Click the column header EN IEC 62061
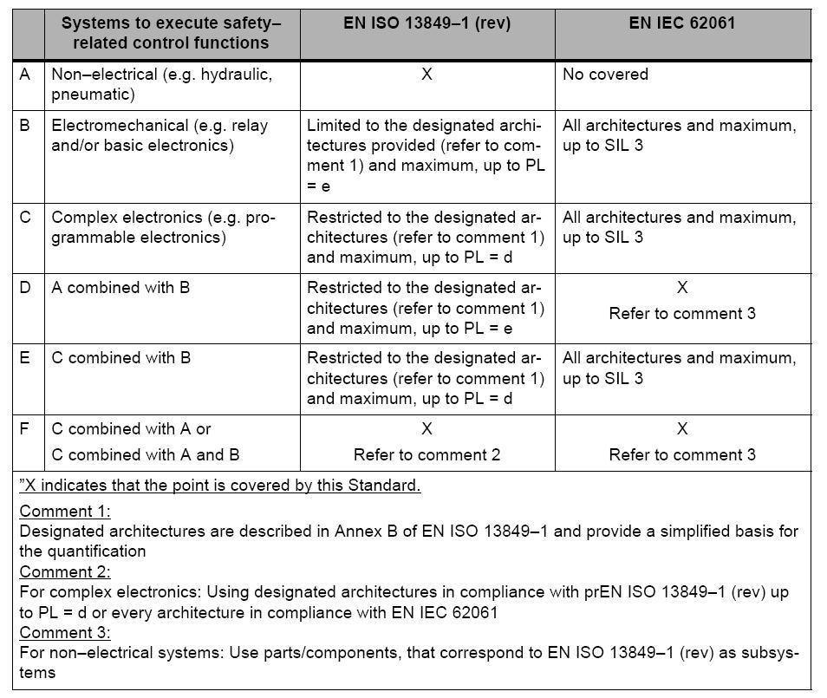tap(682, 23)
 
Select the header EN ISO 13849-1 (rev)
tap(427, 23)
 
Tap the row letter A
tap(26, 75)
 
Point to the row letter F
tap(26, 428)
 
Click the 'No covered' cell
tap(605, 75)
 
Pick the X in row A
tap(427, 75)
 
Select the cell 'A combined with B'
tap(120, 287)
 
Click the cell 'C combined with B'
tap(121, 357)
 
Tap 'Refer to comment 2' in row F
tap(427, 454)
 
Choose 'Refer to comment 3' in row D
tap(682, 313)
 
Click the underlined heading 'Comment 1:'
tap(65, 511)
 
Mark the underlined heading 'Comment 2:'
tap(65, 572)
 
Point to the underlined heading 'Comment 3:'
tap(65, 632)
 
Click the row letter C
tap(26, 217)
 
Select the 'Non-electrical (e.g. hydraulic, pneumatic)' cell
tap(161, 84)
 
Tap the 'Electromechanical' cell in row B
tap(160, 135)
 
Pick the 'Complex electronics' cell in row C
tap(163, 227)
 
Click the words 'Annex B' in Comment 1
tap(362, 531)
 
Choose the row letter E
tap(26, 357)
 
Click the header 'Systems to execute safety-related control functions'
tap(171, 33)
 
